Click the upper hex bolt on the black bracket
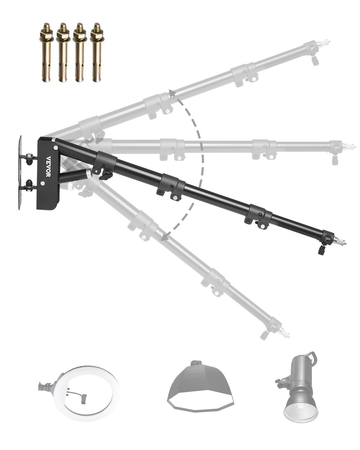coord(55,148)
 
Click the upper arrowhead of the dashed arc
coord(172,93)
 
